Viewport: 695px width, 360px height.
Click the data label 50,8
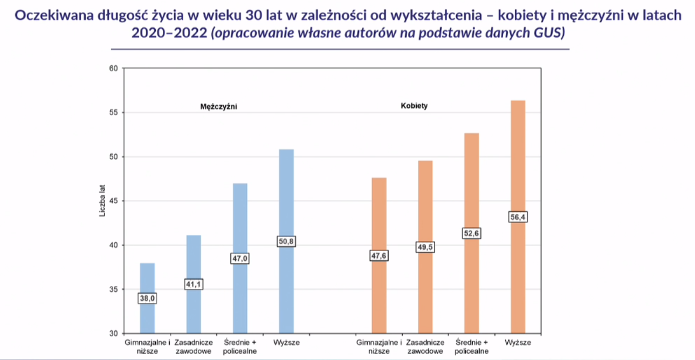tap(286, 241)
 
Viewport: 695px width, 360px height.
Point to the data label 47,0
tap(240, 258)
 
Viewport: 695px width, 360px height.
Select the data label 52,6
tap(471, 233)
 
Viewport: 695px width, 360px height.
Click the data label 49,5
tap(425, 247)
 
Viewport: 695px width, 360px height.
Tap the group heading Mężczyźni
tap(218, 107)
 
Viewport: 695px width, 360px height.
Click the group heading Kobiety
tap(414, 106)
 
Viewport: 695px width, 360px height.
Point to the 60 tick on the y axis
tap(114, 68)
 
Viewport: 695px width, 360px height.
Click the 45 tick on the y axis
tap(114, 201)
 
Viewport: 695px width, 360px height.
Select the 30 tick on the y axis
tap(114, 334)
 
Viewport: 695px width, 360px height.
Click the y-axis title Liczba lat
tap(102, 200)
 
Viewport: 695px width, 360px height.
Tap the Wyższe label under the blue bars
tap(286, 343)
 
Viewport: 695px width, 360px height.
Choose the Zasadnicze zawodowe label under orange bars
tap(425, 347)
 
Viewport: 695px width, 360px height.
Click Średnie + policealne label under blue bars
tap(240, 347)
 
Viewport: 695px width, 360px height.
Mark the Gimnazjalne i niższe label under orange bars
tap(379, 347)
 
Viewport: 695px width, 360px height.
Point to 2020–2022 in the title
tap(169, 32)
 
